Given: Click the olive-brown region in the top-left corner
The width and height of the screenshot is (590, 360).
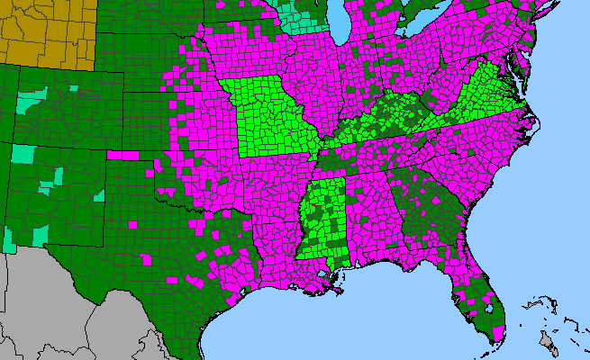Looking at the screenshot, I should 45,31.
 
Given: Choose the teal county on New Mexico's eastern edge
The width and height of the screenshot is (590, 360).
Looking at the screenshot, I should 98,195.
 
